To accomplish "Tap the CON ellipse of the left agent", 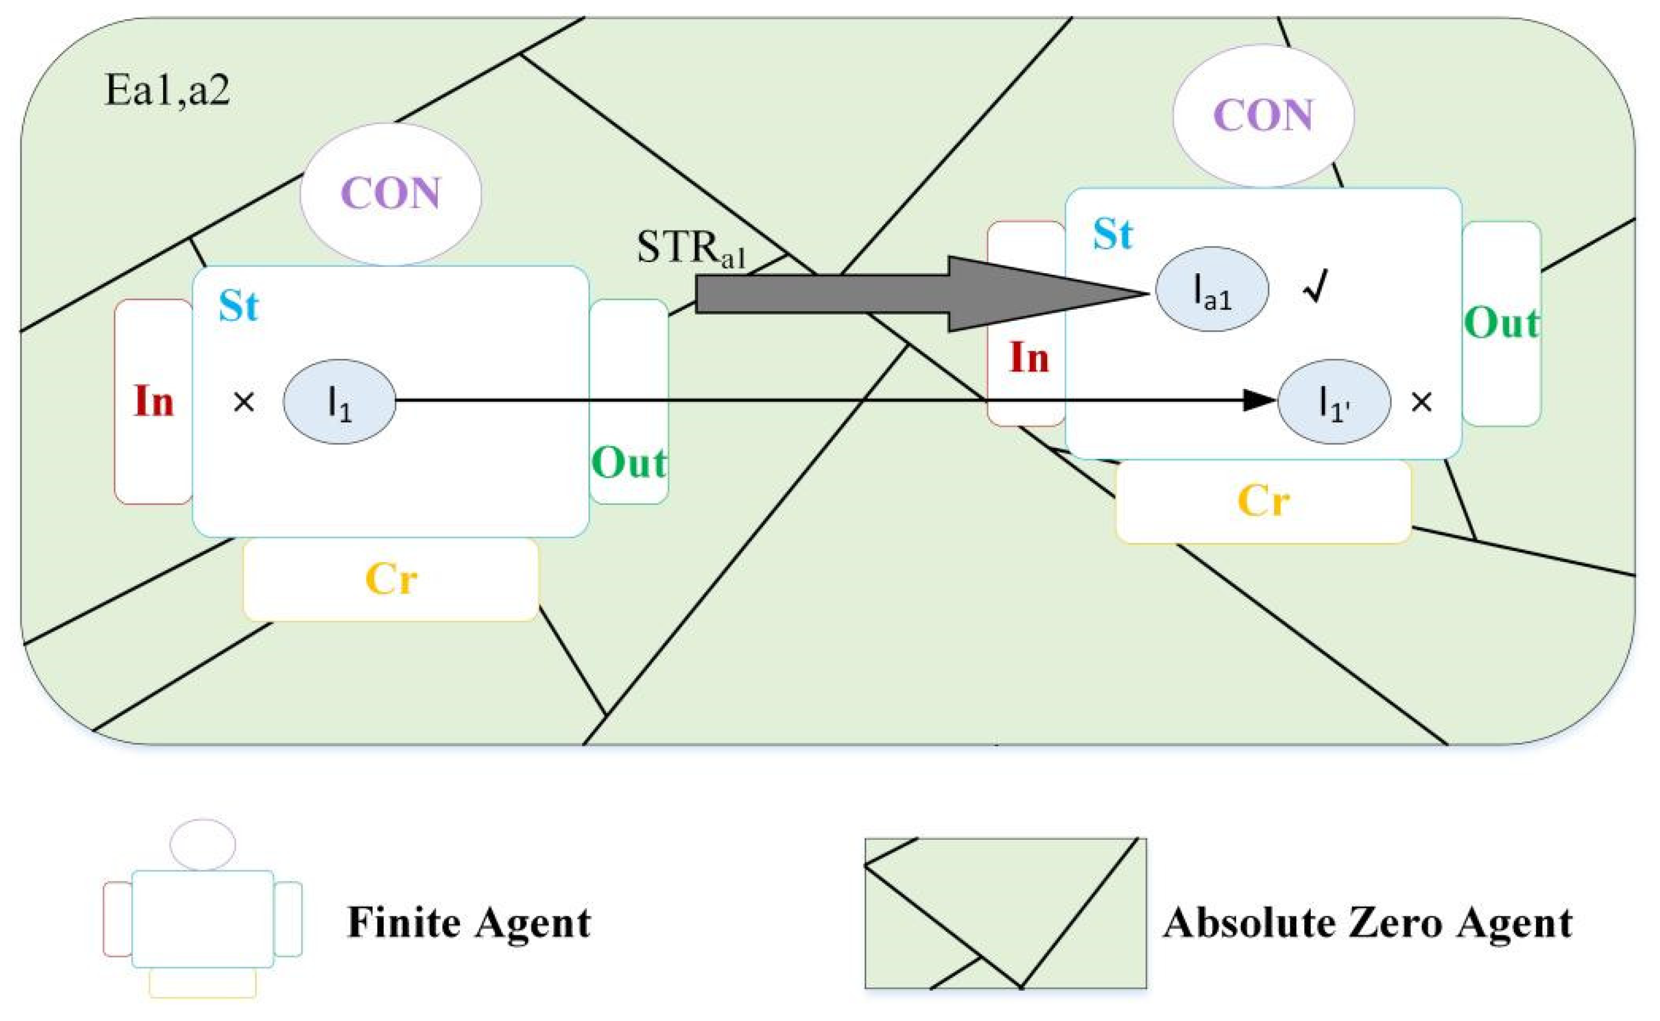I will tap(391, 194).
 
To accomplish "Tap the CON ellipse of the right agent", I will tap(1263, 115).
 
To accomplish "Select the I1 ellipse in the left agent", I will tap(339, 402).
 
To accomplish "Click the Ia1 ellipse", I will tap(1212, 289).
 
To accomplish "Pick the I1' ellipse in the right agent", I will tap(1334, 402).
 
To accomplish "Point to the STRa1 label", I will tap(690, 248).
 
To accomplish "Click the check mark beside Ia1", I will tap(1316, 287).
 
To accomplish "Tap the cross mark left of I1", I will tap(244, 403).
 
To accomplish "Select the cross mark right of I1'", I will tap(1422, 402).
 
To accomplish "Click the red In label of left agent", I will tap(154, 401).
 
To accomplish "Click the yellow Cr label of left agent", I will tap(391, 580).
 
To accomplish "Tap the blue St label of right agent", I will tap(1113, 234).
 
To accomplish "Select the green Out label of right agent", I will tap(1502, 323).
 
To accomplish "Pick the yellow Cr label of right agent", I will tap(1263, 501).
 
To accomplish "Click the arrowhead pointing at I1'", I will tap(1258, 401).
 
